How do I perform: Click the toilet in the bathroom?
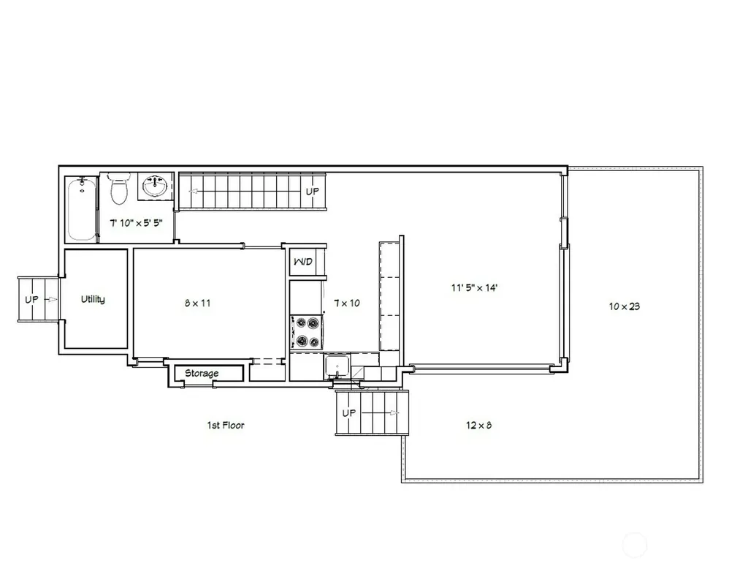click(119, 188)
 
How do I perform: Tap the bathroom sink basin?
click(156, 186)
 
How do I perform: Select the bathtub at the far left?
click(82, 209)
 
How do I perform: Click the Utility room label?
click(93, 300)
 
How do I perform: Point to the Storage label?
click(202, 373)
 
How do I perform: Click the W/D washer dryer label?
click(303, 262)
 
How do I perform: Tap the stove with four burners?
click(306, 332)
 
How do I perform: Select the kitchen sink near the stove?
click(337, 366)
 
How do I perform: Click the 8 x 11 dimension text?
click(197, 303)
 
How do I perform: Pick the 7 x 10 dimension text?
click(347, 303)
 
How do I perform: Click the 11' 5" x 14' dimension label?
click(475, 287)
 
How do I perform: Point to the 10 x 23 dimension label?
click(625, 306)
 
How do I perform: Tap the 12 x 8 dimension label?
click(478, 425)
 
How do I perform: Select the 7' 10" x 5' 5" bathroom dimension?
click(137, 222)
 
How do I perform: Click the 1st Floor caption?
click(226, 425)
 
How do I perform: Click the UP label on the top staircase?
click(313, 191)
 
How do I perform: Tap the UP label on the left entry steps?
click(31, 300)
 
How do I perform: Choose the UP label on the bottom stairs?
click(348, 412)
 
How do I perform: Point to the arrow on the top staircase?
click(194, 192)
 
